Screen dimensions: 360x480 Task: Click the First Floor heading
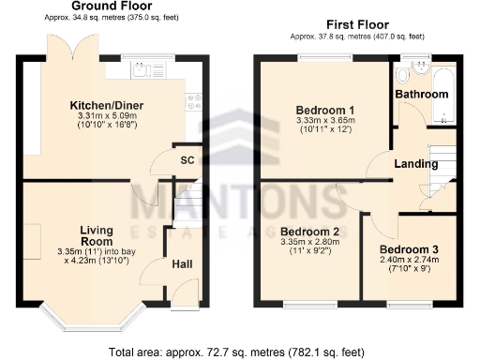tap(357, 24)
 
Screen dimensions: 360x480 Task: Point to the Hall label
tap(182, 265)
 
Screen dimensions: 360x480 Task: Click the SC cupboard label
tap(187, 160)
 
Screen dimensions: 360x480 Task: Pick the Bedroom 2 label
tap(308, 231)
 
